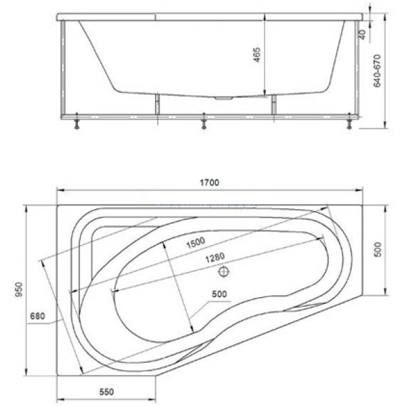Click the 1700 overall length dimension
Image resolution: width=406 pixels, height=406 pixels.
[x=210, y=183]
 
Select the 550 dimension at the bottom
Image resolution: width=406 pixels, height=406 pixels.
[x=106, y=392]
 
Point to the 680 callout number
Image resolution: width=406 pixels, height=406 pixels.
[x=37, y=316]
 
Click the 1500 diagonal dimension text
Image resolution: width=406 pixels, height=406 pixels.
[x=196, y=243]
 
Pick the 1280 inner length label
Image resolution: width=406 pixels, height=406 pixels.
[x=215, y=258]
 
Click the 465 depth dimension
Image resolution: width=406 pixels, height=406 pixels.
[x=256, y=55]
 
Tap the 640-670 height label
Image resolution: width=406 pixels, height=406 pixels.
[x=378, y=70]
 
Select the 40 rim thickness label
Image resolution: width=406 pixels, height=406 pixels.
[x=363, y=35]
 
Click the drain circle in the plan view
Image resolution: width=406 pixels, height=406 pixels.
[x=224, y=271]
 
